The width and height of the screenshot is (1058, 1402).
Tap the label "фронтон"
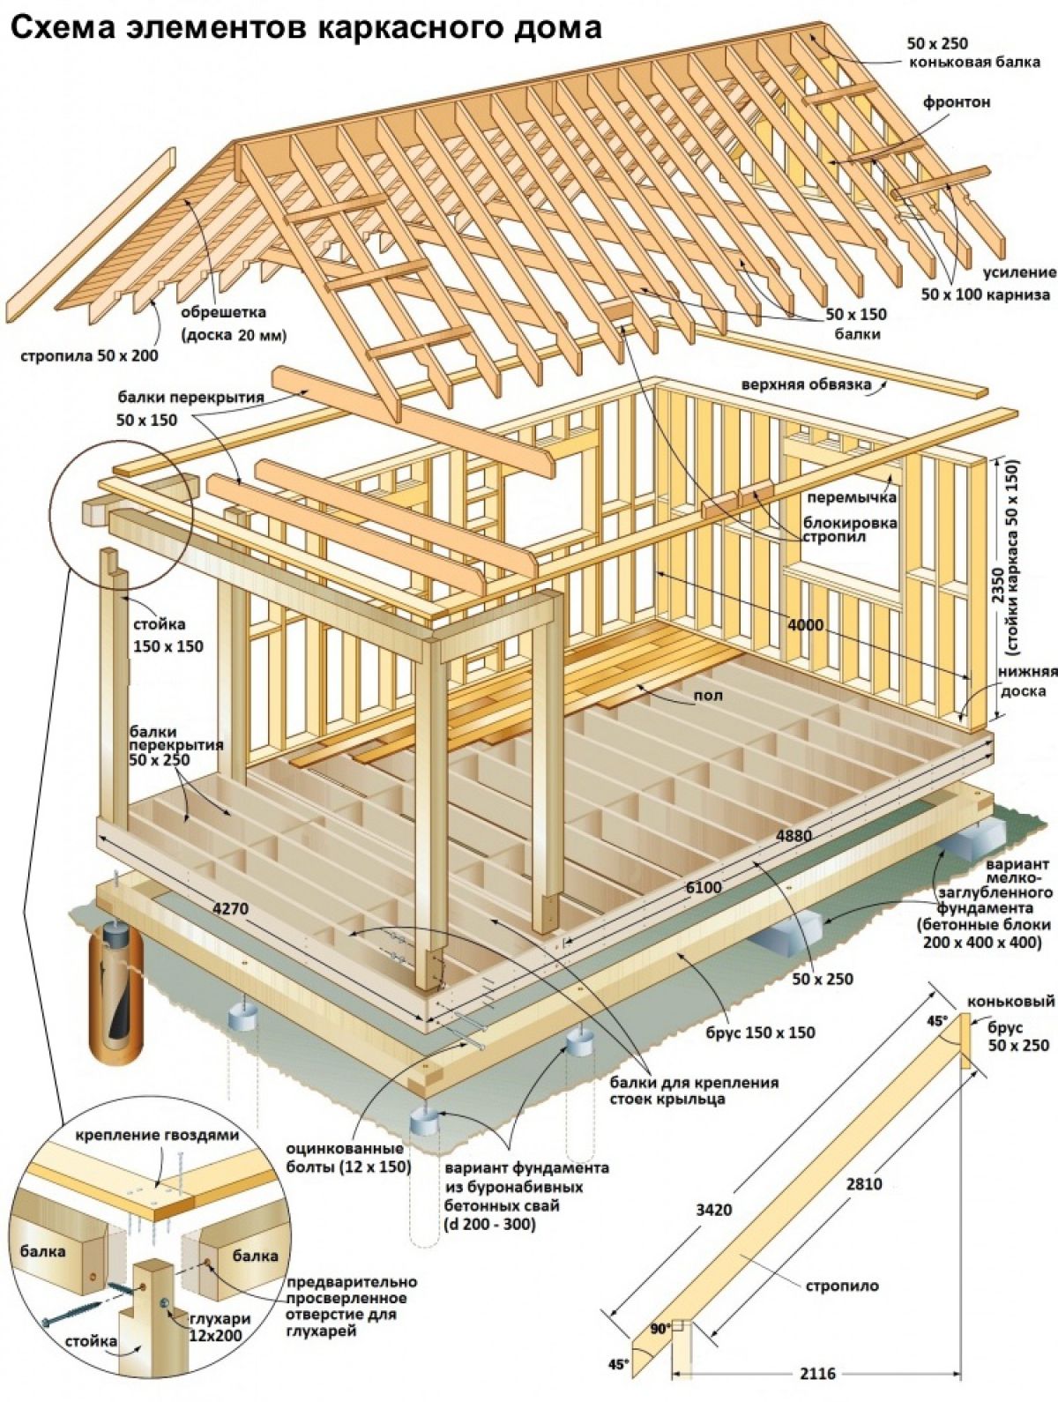[957, 102]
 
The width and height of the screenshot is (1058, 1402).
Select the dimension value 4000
[805, 625]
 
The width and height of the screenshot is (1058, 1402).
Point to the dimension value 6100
[703, 887]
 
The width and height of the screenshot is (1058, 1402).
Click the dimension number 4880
[793, 834]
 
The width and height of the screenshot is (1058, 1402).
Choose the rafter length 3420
[713, 1210]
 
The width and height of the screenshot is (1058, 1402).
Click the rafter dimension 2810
[863, 1184]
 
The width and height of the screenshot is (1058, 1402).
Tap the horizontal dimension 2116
[817, 1374]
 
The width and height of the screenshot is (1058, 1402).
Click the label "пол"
[708, 696]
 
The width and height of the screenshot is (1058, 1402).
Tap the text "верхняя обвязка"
[806, 384]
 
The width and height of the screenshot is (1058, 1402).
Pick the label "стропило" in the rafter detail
[841, 1286]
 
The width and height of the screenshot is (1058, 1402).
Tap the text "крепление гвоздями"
[157, 1136]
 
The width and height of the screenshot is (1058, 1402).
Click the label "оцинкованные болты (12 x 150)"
[348, 1158]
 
